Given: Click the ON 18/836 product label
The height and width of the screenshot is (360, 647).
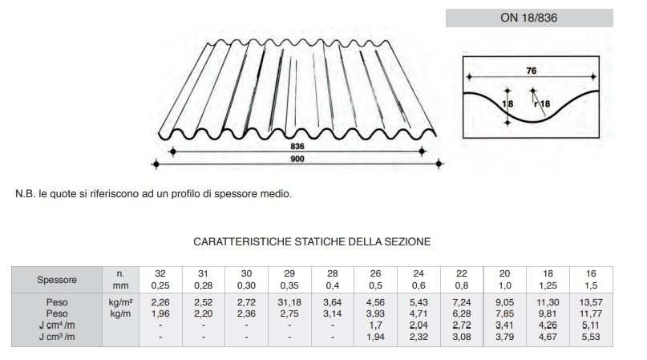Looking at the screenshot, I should (x=528, y=18).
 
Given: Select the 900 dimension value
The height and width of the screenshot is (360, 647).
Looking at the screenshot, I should (x=298, y=159).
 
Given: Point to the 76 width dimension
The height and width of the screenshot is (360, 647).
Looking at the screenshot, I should (x=531, y=71).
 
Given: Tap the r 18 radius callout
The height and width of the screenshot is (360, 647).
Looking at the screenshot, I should (x=542, y=103).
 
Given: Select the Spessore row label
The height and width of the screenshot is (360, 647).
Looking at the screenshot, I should (x=57, y=280).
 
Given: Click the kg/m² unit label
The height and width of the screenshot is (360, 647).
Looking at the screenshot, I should (x=119, y=302).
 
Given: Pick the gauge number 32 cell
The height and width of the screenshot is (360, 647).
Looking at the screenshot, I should (x=160, y=273).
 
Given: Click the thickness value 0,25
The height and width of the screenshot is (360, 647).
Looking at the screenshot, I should (x=160, y=285).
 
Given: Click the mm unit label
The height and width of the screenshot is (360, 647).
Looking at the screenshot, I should (x=119, y=285).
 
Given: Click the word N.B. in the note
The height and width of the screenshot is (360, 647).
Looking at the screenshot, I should (x=25, y=194).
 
